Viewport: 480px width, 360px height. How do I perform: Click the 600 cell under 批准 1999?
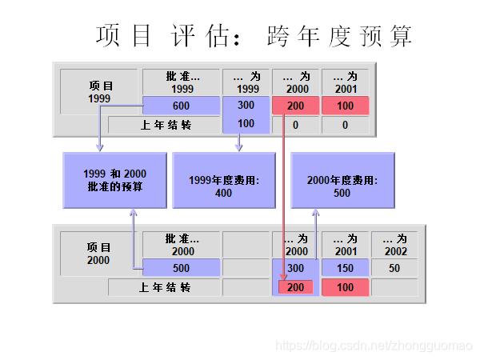coord(181,106)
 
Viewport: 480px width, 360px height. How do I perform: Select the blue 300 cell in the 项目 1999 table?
coord(246,106)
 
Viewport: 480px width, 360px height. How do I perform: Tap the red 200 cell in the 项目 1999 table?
coord(296,106)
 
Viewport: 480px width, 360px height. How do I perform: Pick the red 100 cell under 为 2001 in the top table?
coord(346,106)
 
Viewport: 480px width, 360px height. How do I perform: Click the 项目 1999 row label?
coord(100,92)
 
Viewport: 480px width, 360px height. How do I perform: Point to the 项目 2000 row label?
coord(98,254)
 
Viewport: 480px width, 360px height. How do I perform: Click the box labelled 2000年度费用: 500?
coord(342,186)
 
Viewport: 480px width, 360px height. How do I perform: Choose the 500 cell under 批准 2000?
coord(181,268)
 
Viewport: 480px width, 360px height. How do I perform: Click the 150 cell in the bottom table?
coord(346,268)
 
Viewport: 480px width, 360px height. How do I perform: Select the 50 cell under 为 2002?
coord(394,268)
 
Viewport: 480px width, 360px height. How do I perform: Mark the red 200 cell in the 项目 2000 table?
coord(296,287)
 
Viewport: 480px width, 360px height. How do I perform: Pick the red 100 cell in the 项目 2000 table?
coord(346,287)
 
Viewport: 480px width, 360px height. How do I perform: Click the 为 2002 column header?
coord(395,245)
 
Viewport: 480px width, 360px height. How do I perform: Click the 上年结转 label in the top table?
coord(166,125)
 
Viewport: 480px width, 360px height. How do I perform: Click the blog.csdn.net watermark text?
coord(374,345)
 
